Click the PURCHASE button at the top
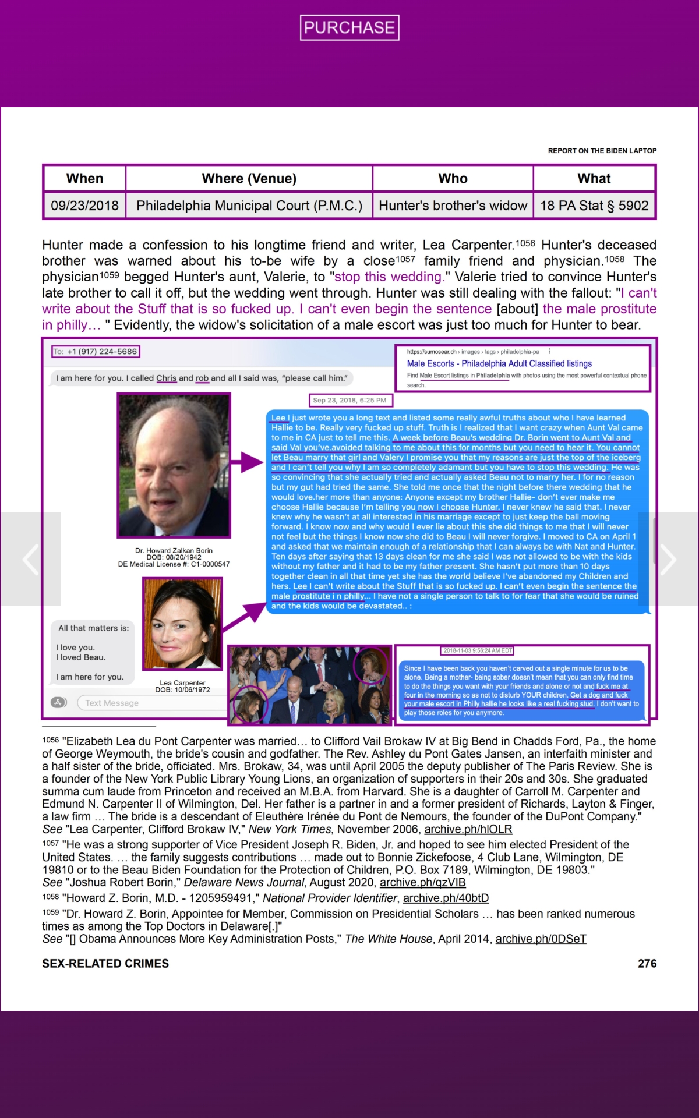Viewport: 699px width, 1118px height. [349, 27]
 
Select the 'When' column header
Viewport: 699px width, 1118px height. [84, 178]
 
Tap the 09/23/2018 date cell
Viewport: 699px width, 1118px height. [84, 206]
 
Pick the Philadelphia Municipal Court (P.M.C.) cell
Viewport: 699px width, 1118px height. [249, 206]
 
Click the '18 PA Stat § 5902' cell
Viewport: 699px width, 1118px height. [594, 206]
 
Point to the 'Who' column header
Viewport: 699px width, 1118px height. [453, 178]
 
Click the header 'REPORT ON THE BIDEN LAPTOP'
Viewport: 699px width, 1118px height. [602, 151]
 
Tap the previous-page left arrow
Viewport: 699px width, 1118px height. [30, 559]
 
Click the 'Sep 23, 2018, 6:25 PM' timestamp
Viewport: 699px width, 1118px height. [349, 400]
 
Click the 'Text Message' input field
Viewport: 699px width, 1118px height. [151, 703]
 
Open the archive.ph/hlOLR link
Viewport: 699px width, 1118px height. [468, 829]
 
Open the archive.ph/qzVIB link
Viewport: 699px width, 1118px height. [422, 882]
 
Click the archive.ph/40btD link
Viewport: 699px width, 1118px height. [446, 898]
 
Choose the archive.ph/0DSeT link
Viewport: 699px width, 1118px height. [541, 939]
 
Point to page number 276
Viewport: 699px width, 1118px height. [647, 964]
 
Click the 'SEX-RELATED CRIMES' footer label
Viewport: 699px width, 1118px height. [105, 964]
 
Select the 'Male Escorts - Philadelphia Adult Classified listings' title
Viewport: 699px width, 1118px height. [499, 363]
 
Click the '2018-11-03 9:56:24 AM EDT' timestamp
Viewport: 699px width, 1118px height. [478, 650]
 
